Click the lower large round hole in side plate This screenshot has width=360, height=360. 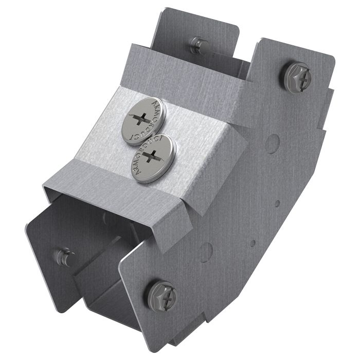pyautogui.click(x=206, y=251)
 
